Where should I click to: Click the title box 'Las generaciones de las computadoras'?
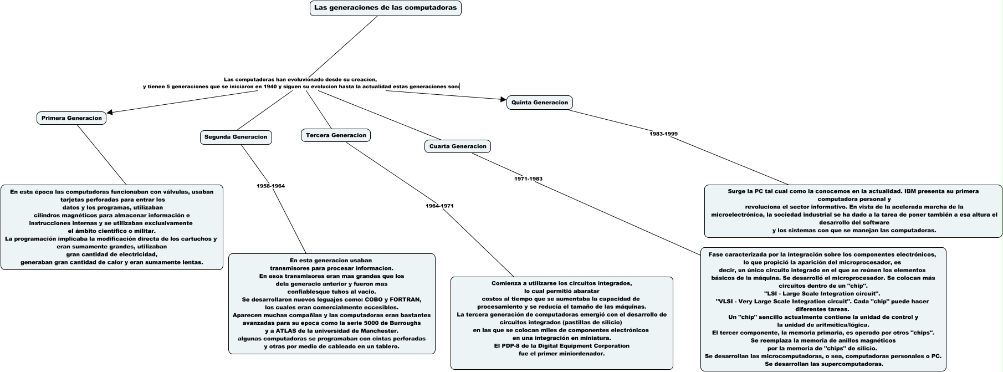[385, 8]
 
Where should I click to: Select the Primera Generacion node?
[72, 118]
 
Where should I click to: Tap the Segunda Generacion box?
[236, 137]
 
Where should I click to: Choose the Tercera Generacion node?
[336, 135]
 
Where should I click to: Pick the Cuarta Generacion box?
[458, 146]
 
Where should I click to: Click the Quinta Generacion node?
[539, 103]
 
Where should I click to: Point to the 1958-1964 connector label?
[271, 186]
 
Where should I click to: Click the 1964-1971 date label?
[439, 206]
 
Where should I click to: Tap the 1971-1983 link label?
[528, 179]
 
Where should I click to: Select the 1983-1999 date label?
[663, 134]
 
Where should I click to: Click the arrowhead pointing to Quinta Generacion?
[503, 100]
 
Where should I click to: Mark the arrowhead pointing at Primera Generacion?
[111, 113]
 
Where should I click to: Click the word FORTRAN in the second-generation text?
[405, 299]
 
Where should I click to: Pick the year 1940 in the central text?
[270, 86]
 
